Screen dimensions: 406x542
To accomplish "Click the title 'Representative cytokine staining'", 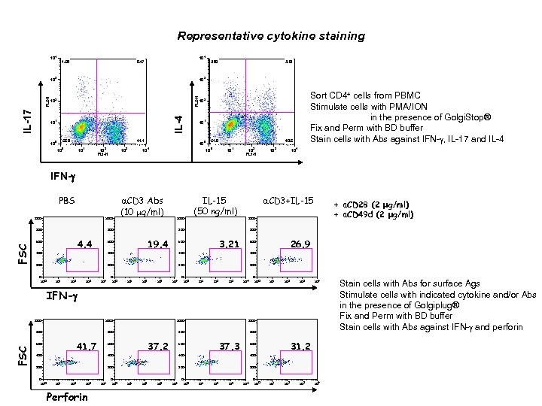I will (270, 35).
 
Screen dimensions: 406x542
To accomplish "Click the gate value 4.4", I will (84, 244).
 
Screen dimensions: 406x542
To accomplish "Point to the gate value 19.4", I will (157, 244).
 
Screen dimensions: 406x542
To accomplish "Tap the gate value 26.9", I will (300, 244).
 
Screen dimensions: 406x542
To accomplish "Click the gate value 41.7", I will (85, 346).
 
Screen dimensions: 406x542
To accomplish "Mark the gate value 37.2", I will (157, 346).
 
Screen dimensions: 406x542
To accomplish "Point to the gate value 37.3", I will (228, 346).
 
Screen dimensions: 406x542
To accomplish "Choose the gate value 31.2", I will (300, 346).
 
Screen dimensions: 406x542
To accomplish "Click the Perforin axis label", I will (67, 396).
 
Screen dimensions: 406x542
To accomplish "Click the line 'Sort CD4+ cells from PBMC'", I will (361, 96).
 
